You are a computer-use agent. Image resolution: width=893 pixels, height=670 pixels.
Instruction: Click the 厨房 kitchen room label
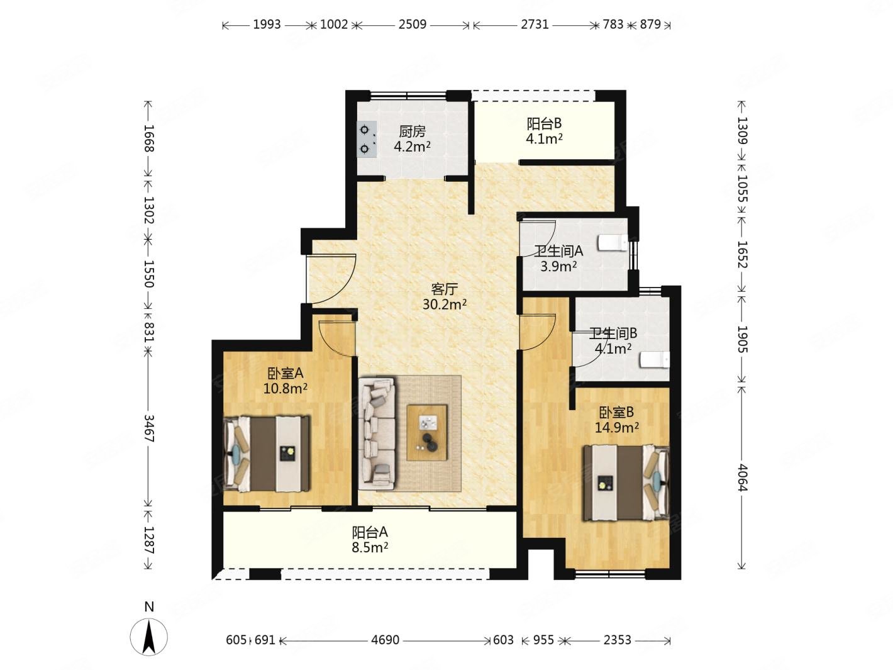412,131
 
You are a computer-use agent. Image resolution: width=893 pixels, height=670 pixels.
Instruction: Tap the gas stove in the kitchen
367,139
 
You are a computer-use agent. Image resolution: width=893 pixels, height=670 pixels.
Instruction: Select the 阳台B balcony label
544,123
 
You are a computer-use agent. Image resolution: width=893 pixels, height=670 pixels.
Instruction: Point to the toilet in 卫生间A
613,243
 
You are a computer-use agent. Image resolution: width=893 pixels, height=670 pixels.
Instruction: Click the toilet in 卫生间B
655,360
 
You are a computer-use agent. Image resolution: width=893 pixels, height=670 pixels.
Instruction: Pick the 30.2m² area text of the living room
444,304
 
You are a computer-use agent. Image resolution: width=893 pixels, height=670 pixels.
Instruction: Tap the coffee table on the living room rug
427,432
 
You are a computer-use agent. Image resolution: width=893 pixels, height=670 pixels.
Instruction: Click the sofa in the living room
377,433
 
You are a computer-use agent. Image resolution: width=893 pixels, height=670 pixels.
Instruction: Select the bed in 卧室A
267,454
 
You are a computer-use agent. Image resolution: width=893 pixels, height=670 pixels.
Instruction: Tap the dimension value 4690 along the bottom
385,640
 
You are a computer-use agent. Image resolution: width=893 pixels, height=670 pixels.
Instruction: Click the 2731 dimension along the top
535,25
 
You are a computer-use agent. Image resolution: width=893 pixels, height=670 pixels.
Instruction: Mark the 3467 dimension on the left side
149,429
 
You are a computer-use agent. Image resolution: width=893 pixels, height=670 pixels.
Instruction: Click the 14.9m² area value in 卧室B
616,428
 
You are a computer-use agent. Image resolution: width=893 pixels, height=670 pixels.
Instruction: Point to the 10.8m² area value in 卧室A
285,389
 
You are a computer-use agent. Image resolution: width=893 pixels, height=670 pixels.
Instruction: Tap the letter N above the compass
149,606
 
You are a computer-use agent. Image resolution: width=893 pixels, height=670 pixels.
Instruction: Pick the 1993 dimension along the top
267,25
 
